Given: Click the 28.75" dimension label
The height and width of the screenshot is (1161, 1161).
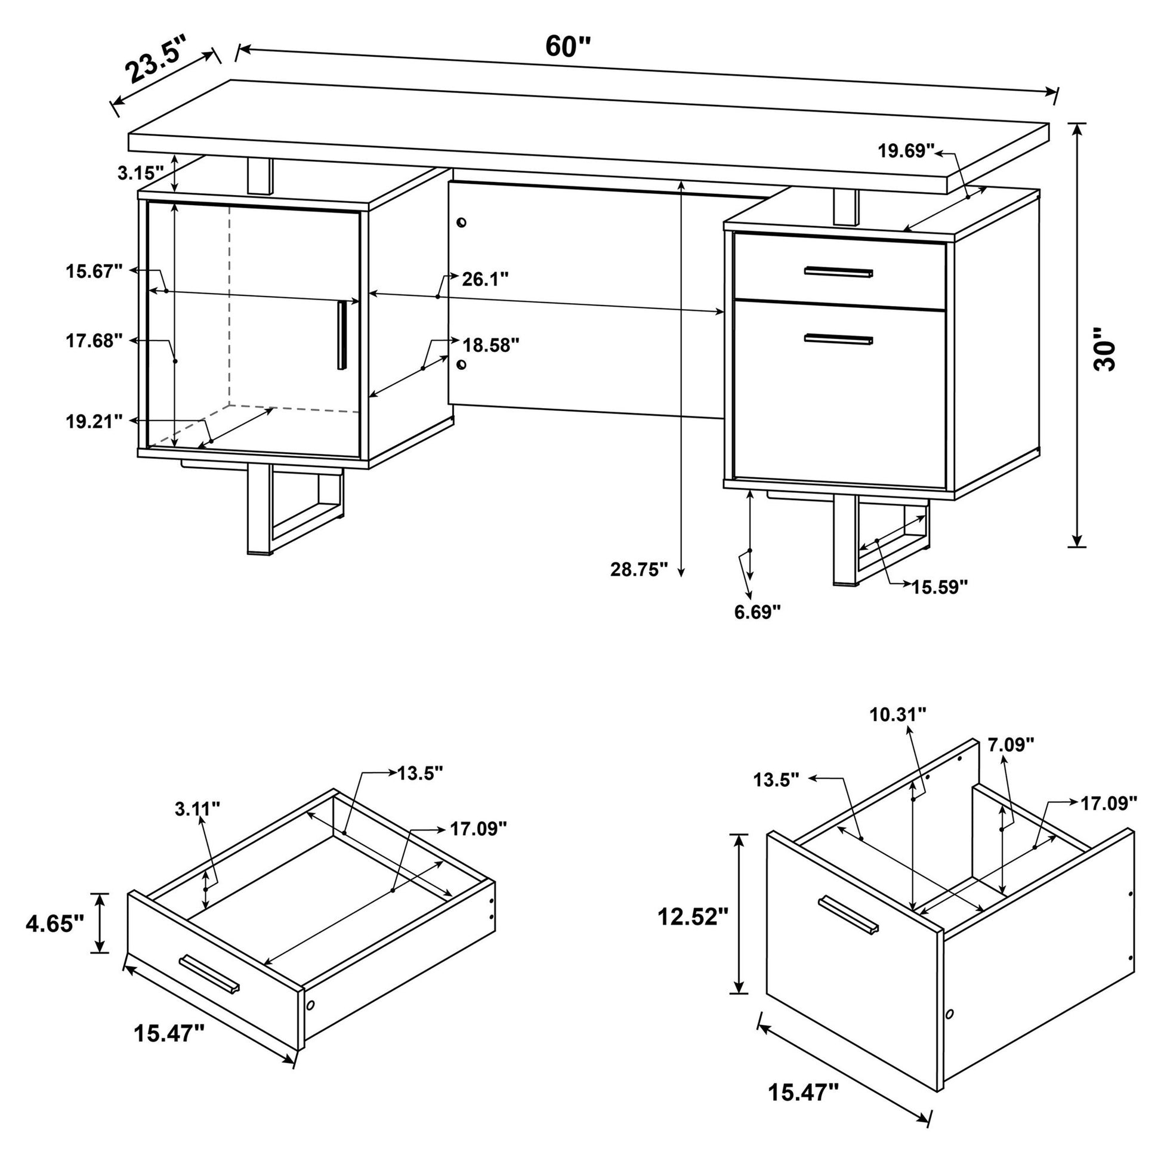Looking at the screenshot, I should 639,570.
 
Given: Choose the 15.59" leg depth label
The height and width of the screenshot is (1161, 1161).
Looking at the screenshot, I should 940,586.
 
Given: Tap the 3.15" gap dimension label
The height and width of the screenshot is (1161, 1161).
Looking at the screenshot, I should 140,174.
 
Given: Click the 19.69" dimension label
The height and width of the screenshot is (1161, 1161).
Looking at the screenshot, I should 906,151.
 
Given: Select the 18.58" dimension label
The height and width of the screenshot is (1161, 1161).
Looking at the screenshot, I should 490,345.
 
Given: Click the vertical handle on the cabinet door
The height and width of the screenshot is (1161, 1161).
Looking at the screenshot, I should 341,335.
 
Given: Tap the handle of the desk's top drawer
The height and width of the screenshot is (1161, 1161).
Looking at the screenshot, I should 839,272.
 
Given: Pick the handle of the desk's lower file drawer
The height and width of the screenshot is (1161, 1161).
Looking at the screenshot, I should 839,339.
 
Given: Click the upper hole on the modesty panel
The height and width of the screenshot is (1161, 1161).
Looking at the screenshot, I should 462,223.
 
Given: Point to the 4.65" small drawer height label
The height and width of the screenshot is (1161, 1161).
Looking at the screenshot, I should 54,923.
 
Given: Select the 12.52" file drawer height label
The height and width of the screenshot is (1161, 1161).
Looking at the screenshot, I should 692,917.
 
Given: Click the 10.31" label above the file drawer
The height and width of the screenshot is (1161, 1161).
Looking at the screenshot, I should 898,715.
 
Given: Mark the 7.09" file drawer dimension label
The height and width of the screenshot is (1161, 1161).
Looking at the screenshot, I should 1011,745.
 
